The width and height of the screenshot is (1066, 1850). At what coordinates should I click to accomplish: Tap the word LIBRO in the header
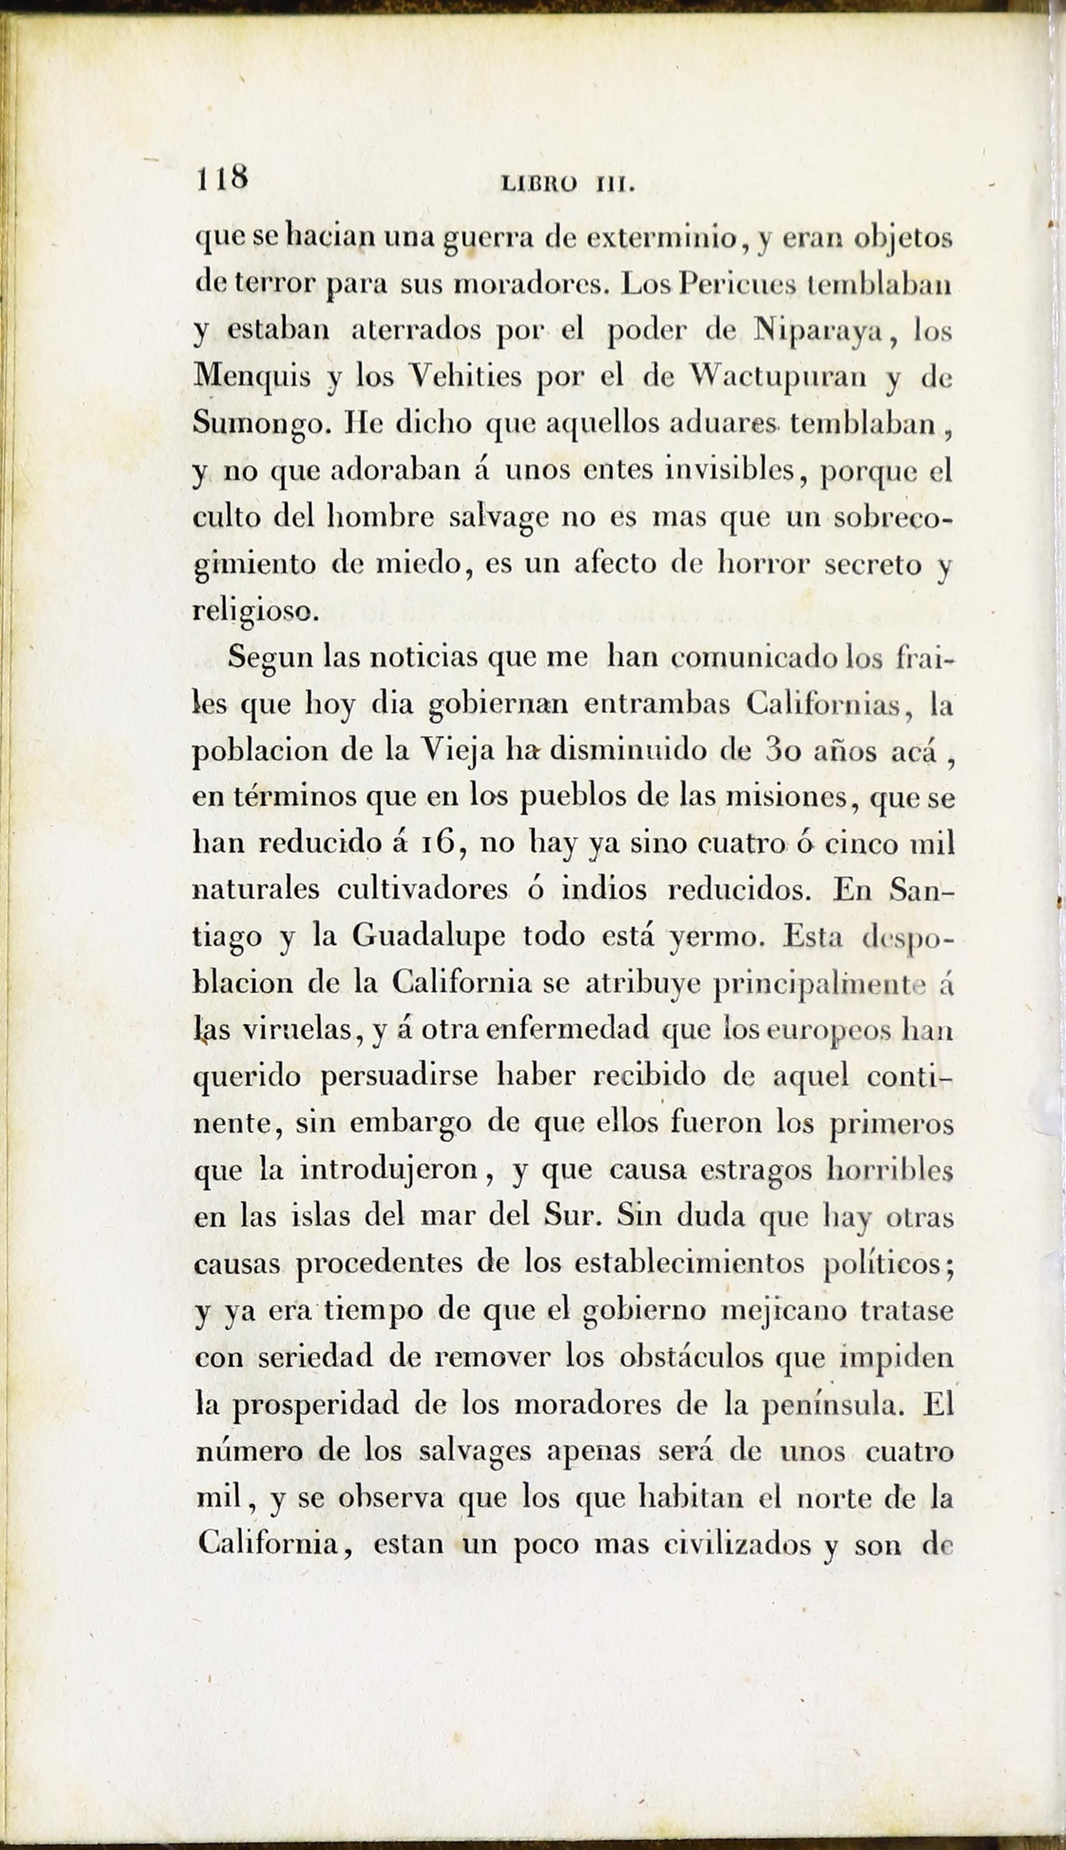click(x=539, y=185)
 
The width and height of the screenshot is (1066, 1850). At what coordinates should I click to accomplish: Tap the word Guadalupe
click(x=428, y=937)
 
